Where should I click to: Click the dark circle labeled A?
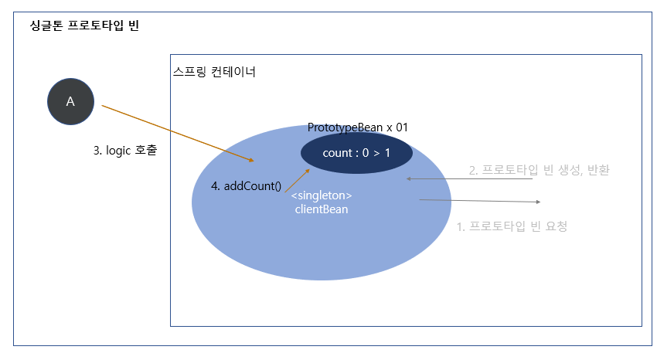click(x=70, y=101)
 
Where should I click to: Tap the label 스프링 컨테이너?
click(x=214, y=73)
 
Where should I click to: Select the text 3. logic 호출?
click(x=125, y=151)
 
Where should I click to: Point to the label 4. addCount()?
click(x=246, y=186)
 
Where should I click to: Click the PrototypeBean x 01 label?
click(x=357, y=127)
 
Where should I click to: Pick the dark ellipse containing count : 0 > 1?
click(x=356, y=152)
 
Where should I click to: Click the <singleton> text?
click(x=322, y=195)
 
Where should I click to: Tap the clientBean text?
click(x=322, y=209)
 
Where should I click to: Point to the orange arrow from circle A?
click(x=178, y=133)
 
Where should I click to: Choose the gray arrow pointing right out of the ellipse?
click(x=479, y=201)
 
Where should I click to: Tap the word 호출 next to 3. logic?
click(x=145, y=151)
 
